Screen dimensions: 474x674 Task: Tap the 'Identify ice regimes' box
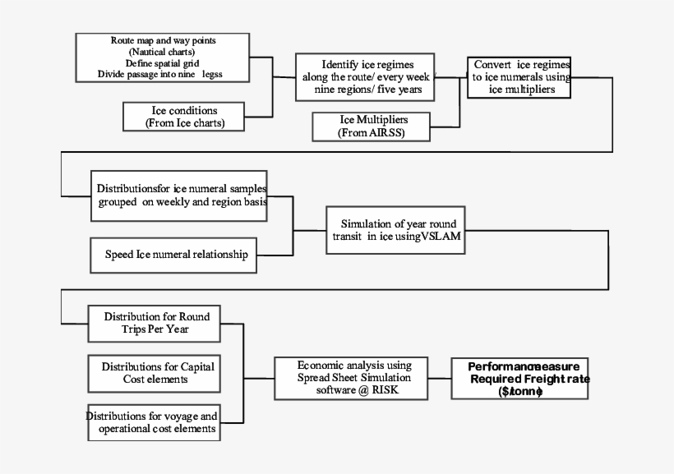click(367, 76)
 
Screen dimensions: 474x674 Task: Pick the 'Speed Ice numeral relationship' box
click(176, 254)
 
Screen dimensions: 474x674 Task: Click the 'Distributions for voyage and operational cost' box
click(154, 422)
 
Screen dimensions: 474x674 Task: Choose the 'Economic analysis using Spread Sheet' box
click(354, 378)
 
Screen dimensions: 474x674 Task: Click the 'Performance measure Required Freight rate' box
click(519, 379)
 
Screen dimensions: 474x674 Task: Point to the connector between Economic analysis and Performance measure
click(442, 379)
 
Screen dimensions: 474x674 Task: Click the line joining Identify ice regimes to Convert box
click(451, 77)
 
